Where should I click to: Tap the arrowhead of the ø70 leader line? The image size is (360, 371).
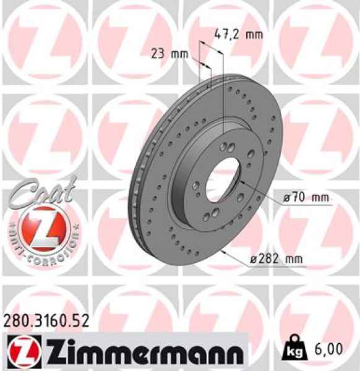click(244, 182)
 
